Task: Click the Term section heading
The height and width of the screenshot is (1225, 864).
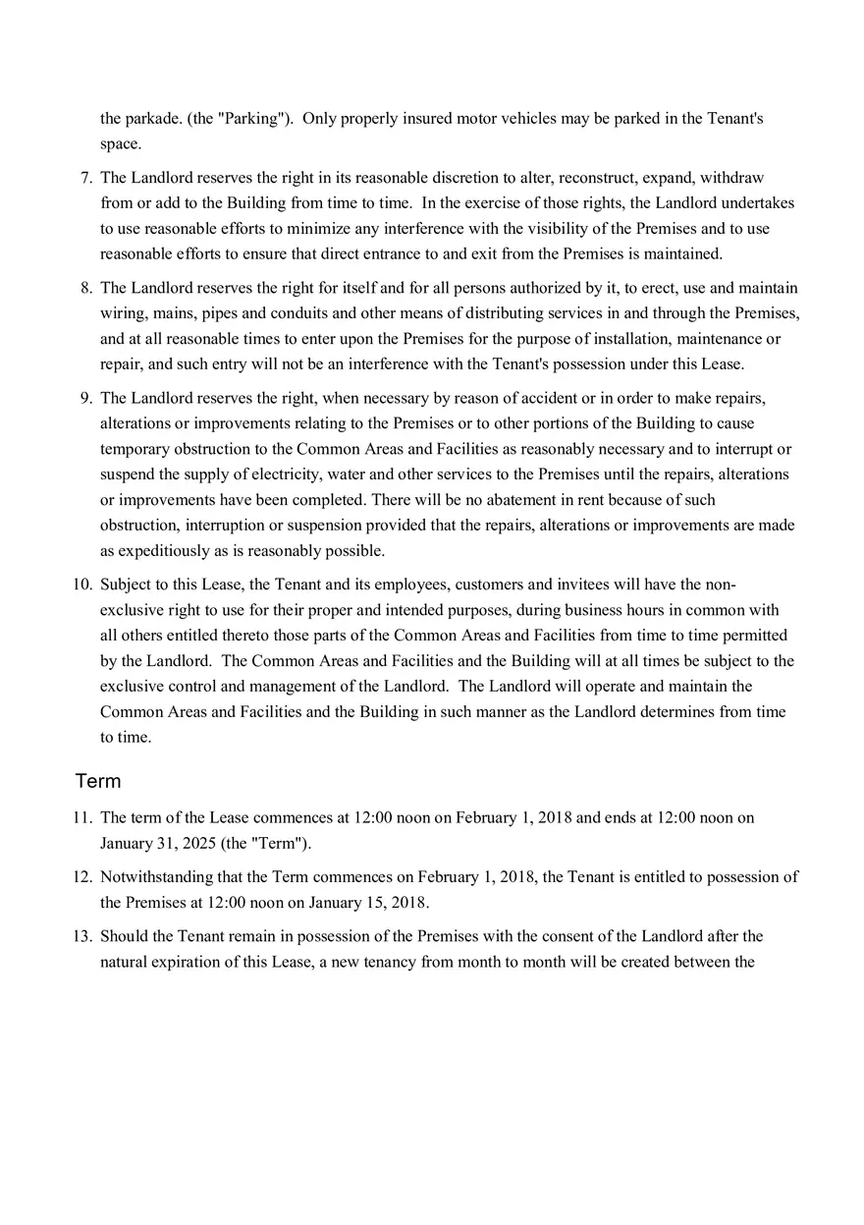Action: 98,781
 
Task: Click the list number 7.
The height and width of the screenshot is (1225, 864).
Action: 86,178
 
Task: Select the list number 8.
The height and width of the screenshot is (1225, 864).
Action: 86,288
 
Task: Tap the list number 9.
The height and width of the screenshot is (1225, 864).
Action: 86,398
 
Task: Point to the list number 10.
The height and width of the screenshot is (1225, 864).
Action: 82,585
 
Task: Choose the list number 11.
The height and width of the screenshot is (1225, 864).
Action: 82,817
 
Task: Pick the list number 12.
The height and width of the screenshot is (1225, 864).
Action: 82,876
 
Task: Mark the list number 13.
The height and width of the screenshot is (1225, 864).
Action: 82,936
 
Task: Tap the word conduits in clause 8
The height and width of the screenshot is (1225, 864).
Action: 283,313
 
